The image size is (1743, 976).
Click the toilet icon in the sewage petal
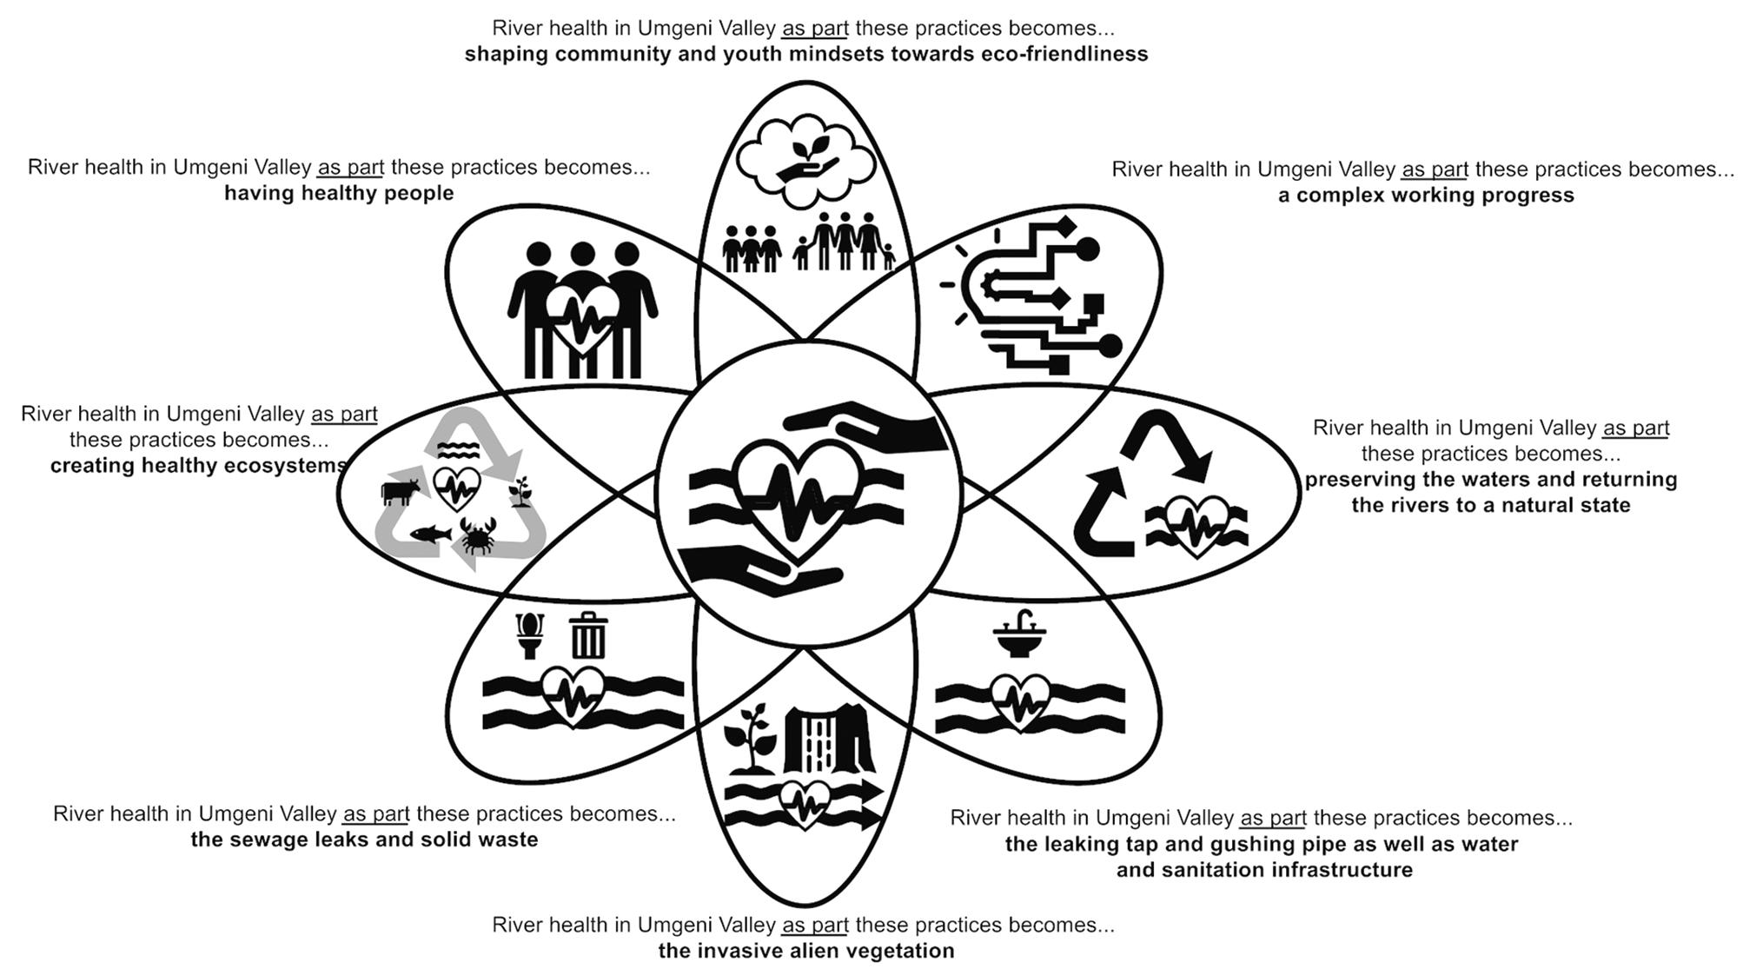530,635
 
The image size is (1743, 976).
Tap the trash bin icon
588,635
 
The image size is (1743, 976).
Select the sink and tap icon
1020,634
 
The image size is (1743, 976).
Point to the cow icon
399,492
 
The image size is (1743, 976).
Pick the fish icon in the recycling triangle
430,533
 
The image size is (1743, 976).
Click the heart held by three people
582,322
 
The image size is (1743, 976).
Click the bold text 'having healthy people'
339,193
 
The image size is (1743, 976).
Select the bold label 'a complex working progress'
1426,195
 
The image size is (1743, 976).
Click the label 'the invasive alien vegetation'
805,951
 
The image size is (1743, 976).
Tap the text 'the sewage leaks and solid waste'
364,840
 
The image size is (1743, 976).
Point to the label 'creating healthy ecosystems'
198,466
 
